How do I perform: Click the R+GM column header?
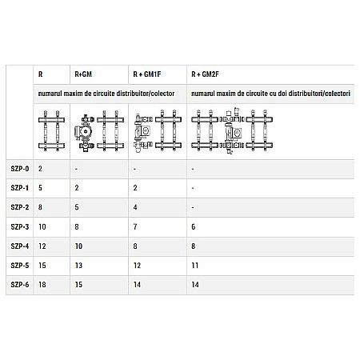[82, 74]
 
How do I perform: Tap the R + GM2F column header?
[205, 74]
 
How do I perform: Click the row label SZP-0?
[21, 169]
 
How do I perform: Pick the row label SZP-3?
[21, 226]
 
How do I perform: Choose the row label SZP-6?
[21, 284]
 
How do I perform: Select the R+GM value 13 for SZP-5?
[78, 265]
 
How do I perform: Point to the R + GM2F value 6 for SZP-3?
[194, 226]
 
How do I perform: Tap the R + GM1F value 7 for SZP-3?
[135, 226]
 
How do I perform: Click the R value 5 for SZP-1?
[40, 188]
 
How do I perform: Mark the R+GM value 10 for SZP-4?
[78, 246]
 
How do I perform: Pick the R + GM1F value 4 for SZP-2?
[135, 207]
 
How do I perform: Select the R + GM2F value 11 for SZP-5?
[195, 265]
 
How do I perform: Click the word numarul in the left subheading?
[51, 94]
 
